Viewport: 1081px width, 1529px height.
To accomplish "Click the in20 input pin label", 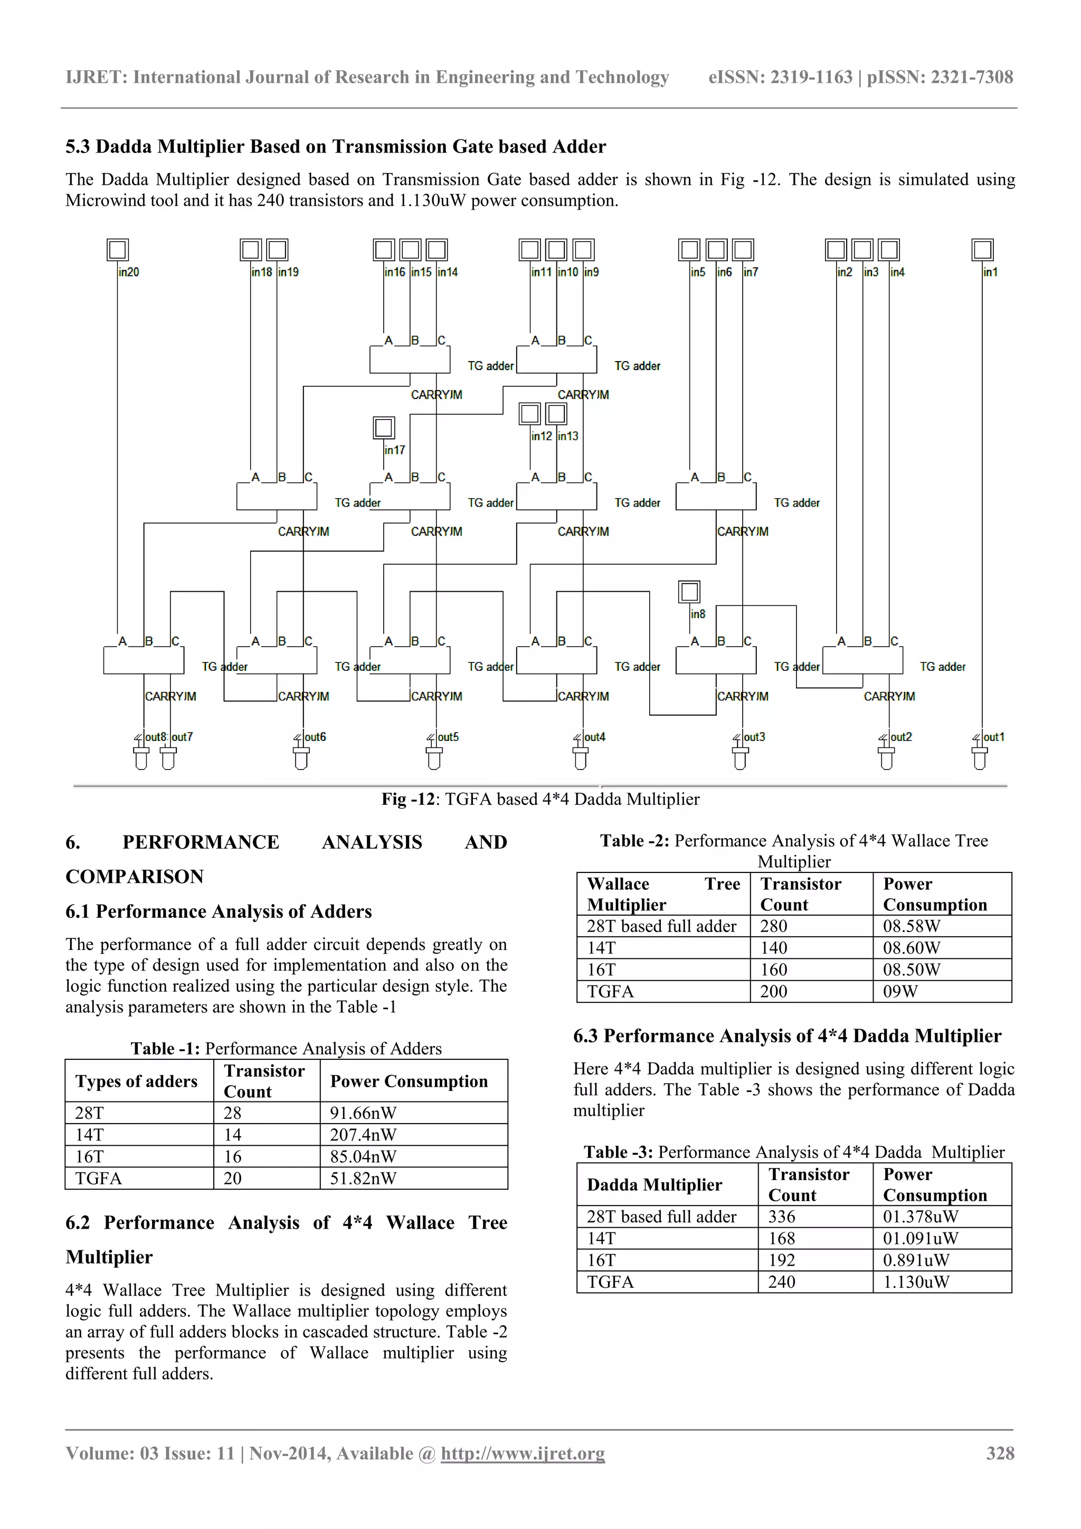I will coord(129,272).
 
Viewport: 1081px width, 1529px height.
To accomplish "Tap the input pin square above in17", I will coord(384,428).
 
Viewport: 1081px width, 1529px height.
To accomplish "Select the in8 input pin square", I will coord(689,591).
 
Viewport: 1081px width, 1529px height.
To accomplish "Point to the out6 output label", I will coord(315,737).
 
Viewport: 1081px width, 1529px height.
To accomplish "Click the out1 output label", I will coord(994,737).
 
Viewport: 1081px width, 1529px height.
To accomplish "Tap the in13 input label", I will coord(568,436).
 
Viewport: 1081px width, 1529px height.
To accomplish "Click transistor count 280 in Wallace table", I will coord(774,926).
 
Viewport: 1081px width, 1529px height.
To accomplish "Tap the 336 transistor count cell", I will coord(782,1217).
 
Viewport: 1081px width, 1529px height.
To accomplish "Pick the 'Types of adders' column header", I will coord(137,1081).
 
